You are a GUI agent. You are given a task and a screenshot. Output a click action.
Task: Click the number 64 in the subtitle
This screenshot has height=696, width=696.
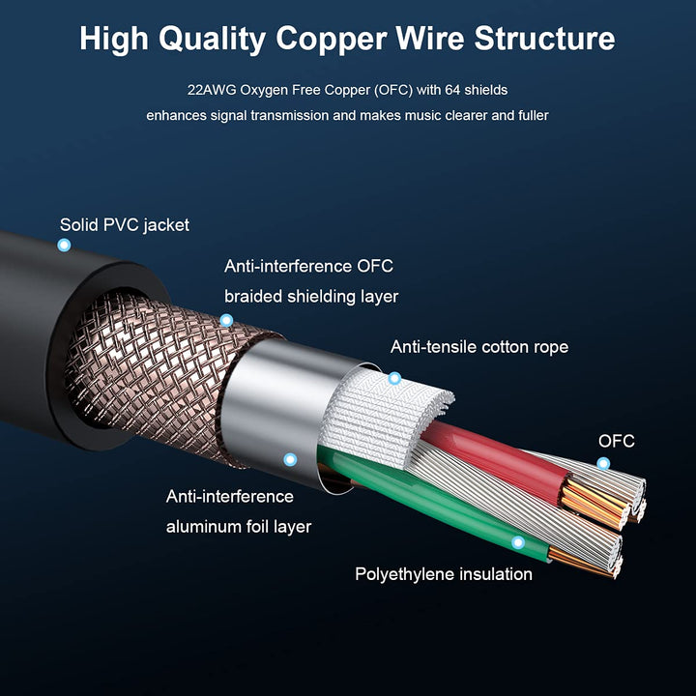point(448,90)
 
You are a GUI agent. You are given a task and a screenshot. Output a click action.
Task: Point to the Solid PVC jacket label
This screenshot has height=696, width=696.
point(125,225)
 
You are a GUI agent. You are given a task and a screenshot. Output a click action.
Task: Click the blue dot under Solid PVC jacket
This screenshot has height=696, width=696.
point(64,246)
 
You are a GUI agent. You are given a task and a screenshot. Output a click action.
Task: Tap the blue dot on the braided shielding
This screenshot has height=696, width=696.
point(226,320)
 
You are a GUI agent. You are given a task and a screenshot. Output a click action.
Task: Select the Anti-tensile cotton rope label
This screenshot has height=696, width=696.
point(478,347)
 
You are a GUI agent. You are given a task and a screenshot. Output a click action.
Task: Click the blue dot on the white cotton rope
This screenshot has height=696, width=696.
point(394,378)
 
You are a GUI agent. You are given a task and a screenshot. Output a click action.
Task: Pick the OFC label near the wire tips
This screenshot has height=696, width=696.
point(617,442)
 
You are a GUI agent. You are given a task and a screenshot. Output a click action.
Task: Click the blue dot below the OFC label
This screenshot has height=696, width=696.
point(603,464)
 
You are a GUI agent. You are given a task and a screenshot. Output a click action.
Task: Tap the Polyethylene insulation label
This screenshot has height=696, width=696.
point(443,574)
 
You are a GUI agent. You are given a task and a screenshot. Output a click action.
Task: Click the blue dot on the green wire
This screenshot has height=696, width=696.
point(518,543)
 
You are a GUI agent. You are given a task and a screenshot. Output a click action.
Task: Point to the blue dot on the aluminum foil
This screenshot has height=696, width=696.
point(289,460)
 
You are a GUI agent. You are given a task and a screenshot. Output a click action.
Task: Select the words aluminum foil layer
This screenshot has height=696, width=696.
point(239,527)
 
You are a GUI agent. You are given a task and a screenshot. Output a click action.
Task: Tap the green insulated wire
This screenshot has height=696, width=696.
point(435,512)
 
